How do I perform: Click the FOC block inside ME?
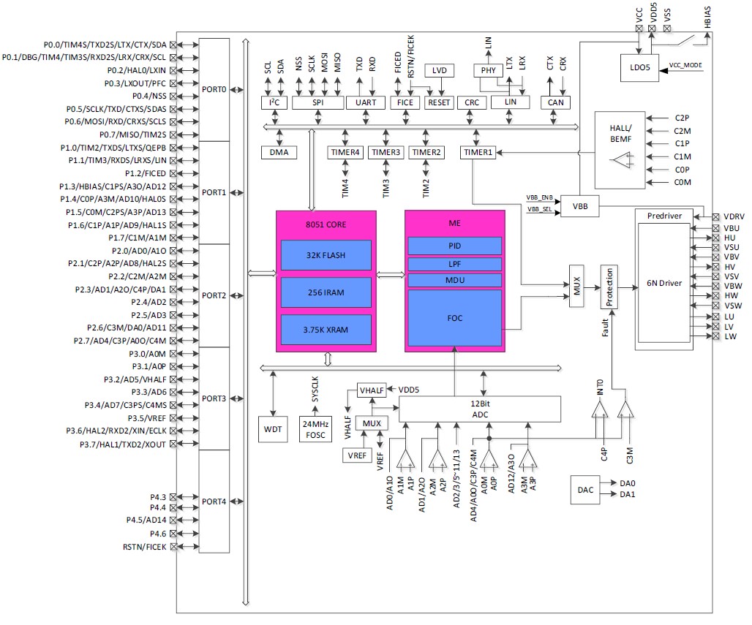(454, 318)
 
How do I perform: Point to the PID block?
(454, 246)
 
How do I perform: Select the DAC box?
(585, 489)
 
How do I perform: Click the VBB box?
(579, 207)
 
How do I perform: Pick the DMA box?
(279, 152)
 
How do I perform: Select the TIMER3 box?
(386, 152)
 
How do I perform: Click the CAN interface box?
(555, 102)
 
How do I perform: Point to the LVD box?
(440, 71)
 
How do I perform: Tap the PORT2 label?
(214, 295)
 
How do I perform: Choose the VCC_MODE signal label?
(685, 66)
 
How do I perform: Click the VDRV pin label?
(734, 216)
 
